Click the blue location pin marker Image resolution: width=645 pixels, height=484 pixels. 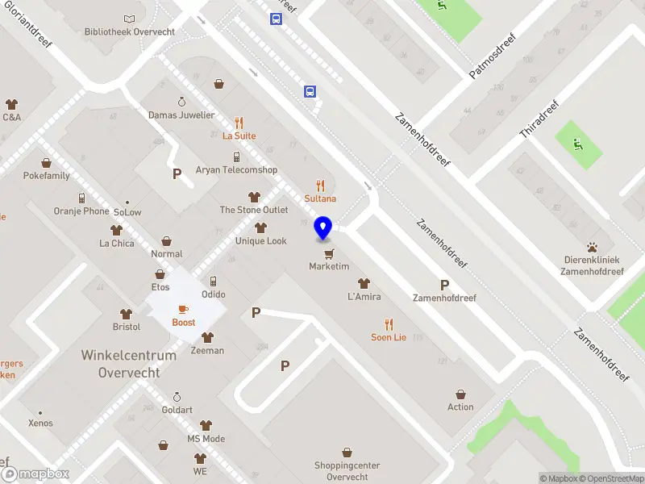pyautogui.click(x=323, y=228)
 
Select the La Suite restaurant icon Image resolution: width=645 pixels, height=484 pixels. pyautogui.click(x=239, y=123)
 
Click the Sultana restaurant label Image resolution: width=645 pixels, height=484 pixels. pyautogui.click(x=320, y=198)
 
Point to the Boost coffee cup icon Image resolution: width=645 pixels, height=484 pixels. pyautogui.click(x=183, y=309)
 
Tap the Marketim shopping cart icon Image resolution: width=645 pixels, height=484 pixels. pyautogui.click(x=328, y=253)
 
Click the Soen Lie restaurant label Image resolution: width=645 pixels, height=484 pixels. pyautogui.click(x=389, y=337)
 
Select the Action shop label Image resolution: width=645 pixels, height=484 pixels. pyautogui.click(x=460, y=407)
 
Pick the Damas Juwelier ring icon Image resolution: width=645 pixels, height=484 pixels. pyautogui.click(x=181, y=102)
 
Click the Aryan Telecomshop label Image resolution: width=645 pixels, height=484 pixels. pyautogui.click(x=236, y=170)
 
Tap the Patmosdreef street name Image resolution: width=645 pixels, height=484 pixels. pyautogui.click(x=492, y=55)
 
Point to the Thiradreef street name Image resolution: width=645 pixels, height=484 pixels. pyautogui.click(x=539, y=119)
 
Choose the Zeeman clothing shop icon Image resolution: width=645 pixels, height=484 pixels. pyautogui.click(x=207, y=338)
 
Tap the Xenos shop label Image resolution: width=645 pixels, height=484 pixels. pyautogui.click(x=40, y=423)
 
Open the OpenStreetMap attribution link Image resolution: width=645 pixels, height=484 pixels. pyautogui.click(x=611, y=478)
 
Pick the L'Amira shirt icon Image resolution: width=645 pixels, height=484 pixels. pyautogui.click(x=364, y=283)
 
